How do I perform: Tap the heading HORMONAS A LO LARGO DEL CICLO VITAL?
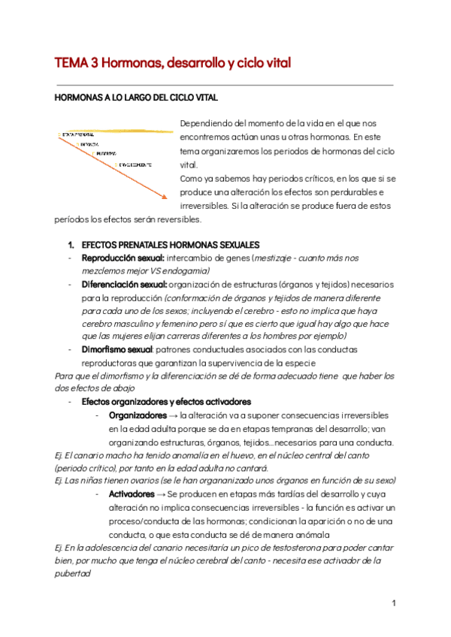pyautogui.click(x=137, y=98)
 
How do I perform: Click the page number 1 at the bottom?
pyautogui.click(x=393, y=603)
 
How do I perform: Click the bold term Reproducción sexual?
pyautogui.click(x=123, y=258)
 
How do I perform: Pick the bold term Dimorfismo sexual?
pyautogui.click(x=120, y=349)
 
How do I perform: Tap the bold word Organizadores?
pyautogui.click(x=138, y=415)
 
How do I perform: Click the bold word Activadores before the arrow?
pyautogui.click(x=132, y=494)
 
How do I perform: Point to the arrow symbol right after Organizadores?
pyautogui.click(x=174, y=415)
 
